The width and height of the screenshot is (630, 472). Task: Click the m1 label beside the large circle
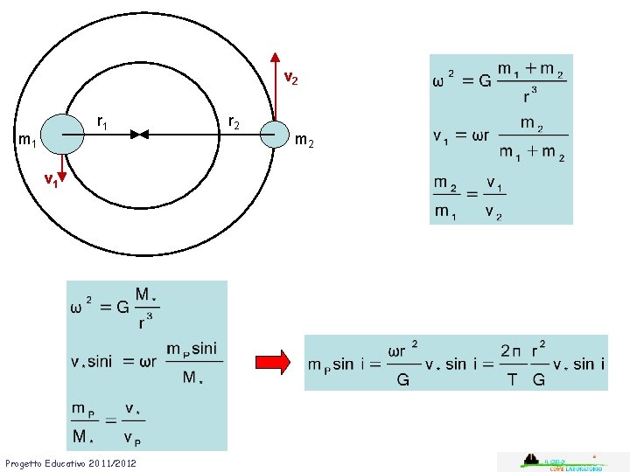click(27, 140)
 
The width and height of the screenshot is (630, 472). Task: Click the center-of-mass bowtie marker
click(140, 134)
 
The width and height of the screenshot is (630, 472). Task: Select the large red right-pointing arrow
click(272, 362)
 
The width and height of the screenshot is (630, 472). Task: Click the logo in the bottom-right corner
click(563, 462)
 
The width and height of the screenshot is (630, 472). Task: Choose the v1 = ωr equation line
click(500, 138)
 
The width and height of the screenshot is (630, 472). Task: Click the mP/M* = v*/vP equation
click(107, 422)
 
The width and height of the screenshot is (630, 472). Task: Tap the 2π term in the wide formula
click(512, 351)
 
